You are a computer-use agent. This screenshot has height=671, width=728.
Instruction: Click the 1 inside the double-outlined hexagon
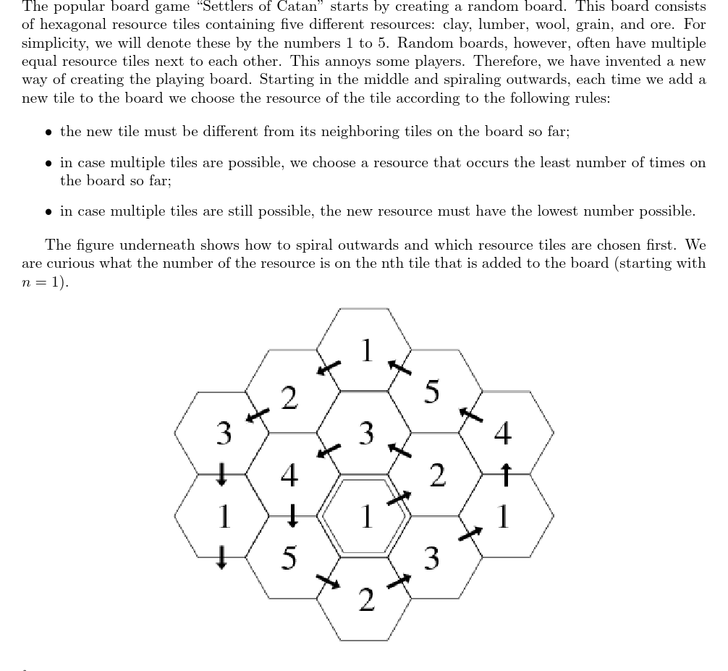(x=366, y=517)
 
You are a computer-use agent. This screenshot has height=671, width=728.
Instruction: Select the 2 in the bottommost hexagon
(x=366, y=600)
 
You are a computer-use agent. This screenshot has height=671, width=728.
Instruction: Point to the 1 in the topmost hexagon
(x=366, y=350)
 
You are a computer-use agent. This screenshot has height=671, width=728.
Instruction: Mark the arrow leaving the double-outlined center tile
(x=399, y=498)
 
